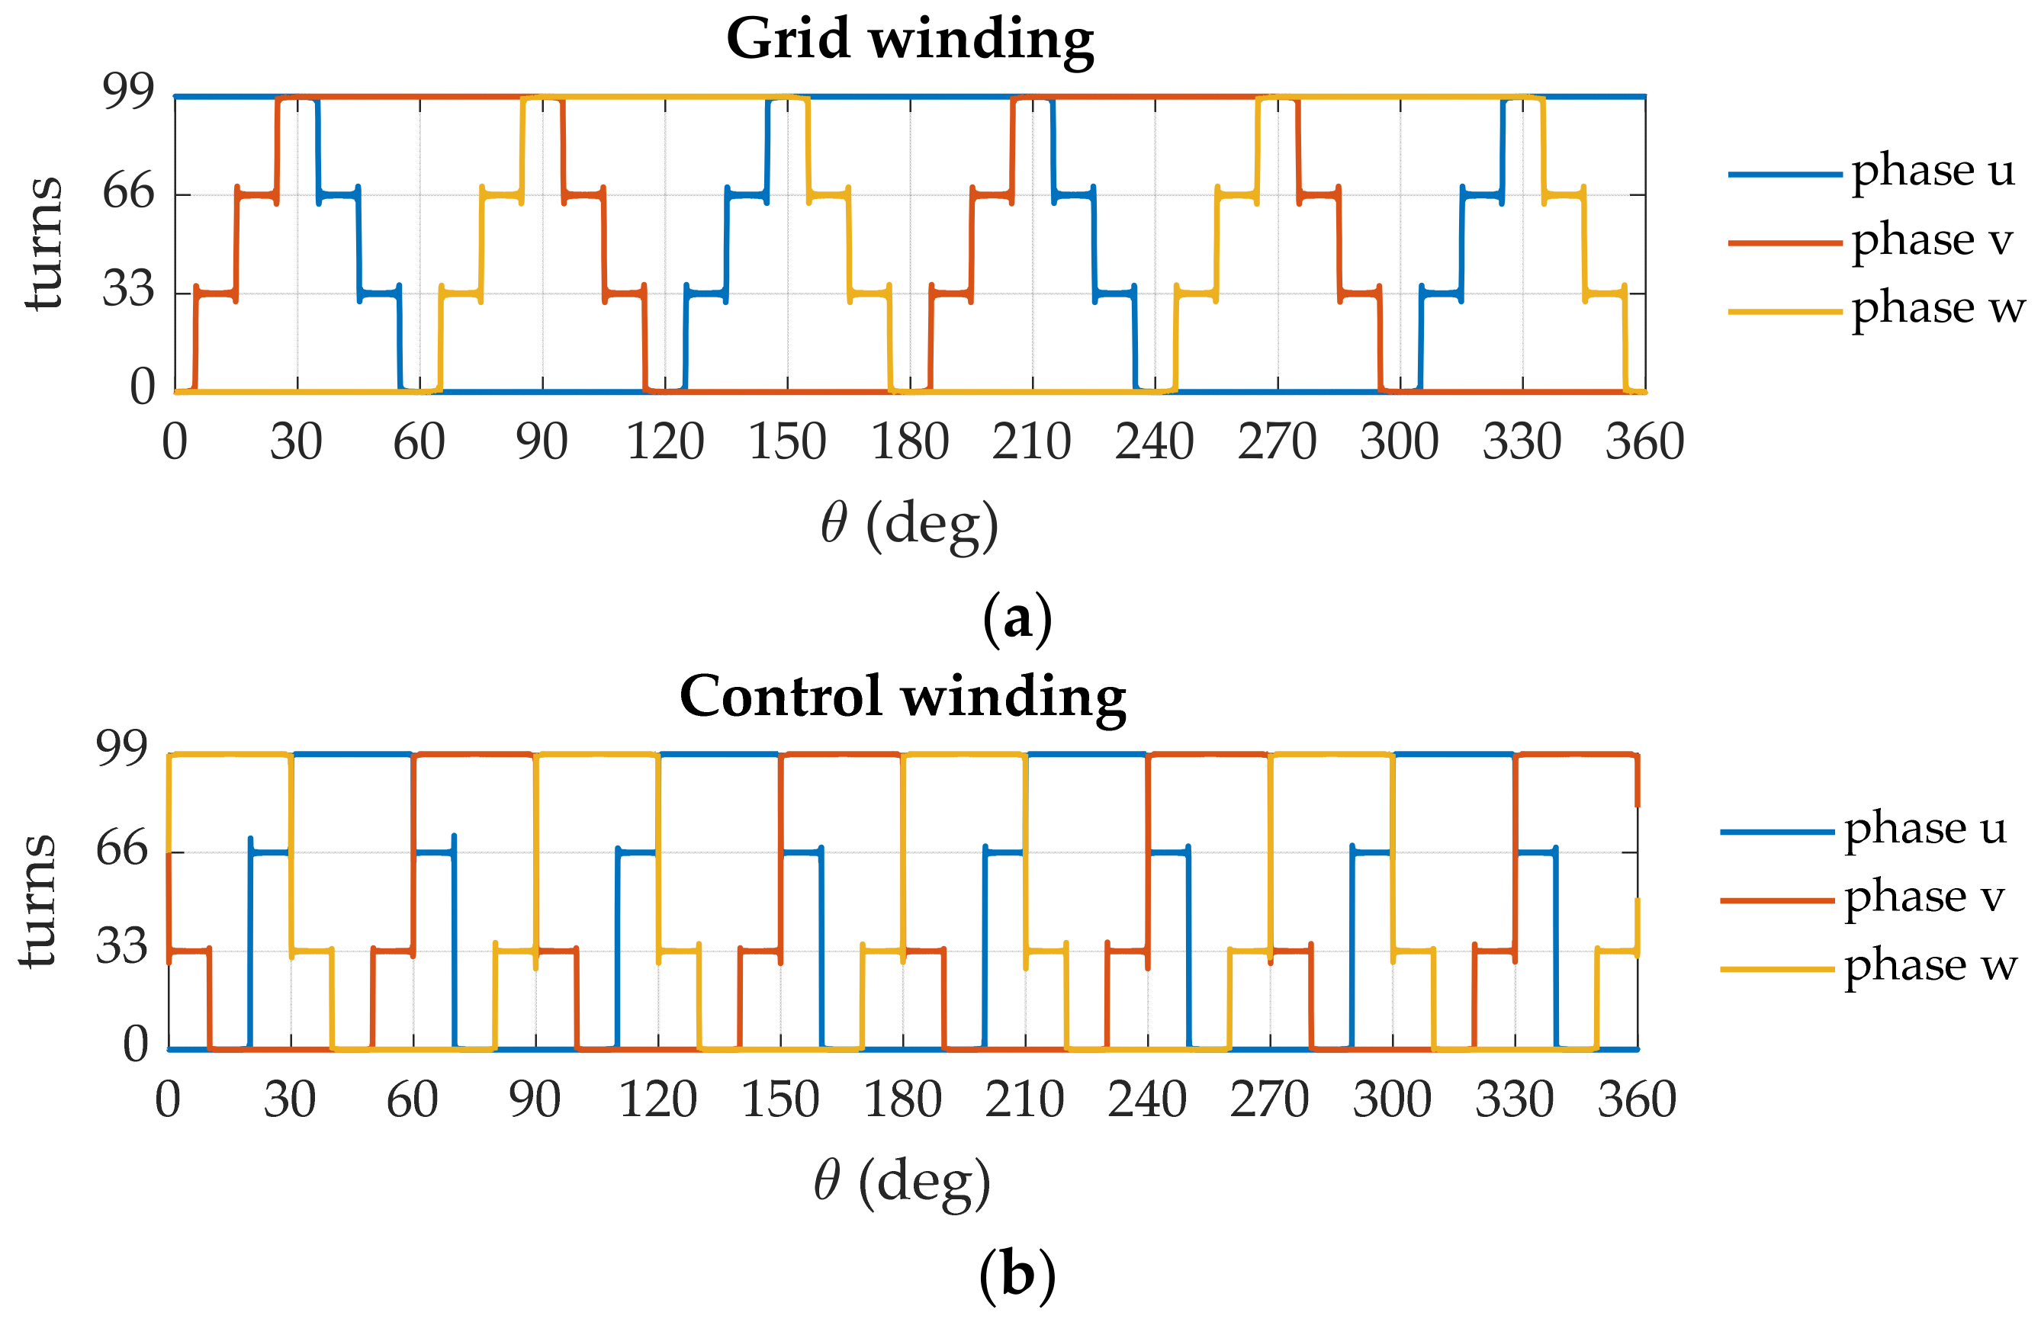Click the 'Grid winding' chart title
[909, 40]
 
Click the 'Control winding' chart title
[902, 696]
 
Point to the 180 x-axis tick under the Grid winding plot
[909, 442]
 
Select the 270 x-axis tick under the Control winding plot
[1269, 1100]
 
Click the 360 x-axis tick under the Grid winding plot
[1644, 442]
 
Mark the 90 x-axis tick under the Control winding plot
[534, 1100]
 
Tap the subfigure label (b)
[1017, 1275]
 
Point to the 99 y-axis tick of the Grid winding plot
[129, 91]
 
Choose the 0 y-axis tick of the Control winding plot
[136, 1045]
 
